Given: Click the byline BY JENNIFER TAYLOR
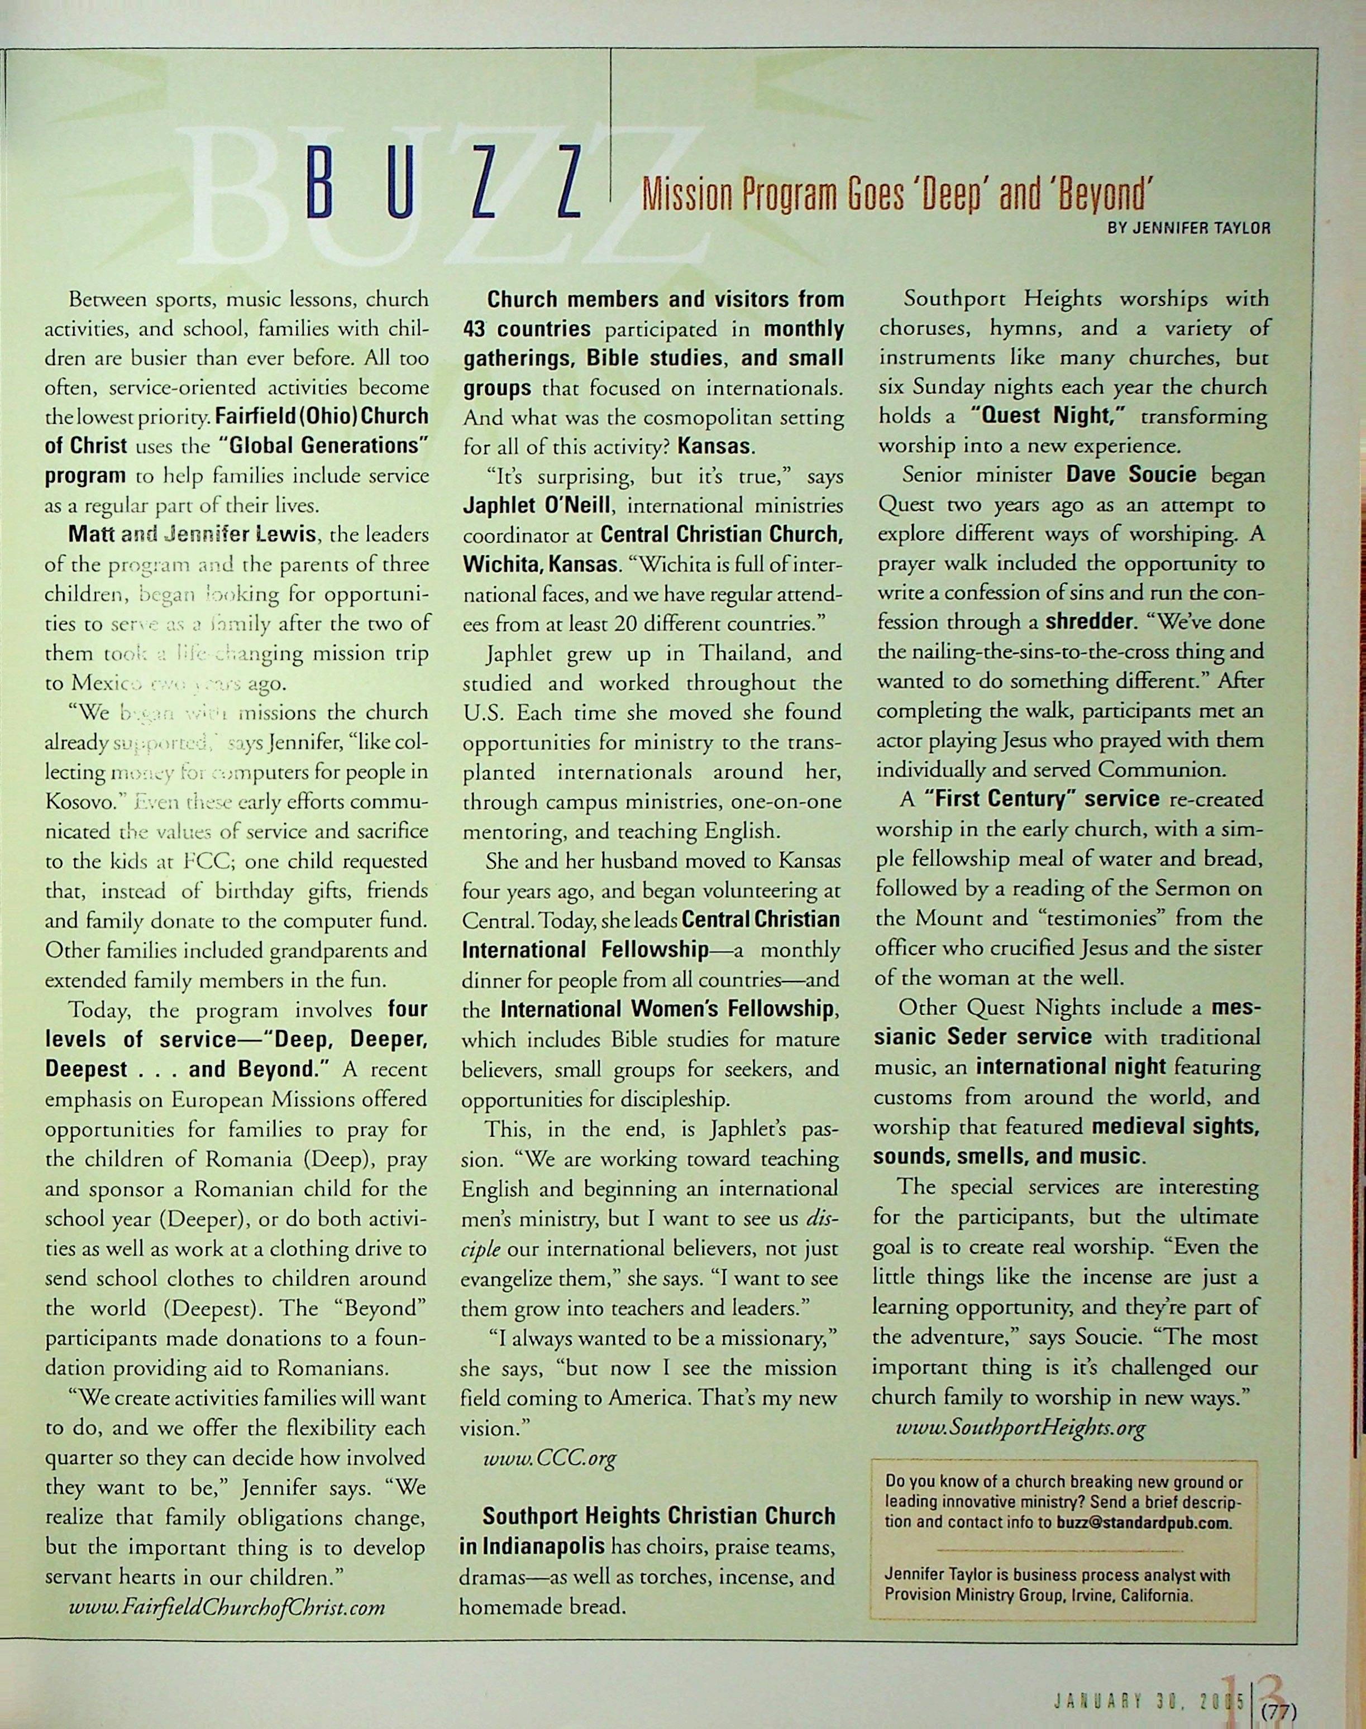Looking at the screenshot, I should [1188, 227].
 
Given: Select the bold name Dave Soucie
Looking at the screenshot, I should [1131, 475].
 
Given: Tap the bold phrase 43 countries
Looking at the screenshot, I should [527, 328].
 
